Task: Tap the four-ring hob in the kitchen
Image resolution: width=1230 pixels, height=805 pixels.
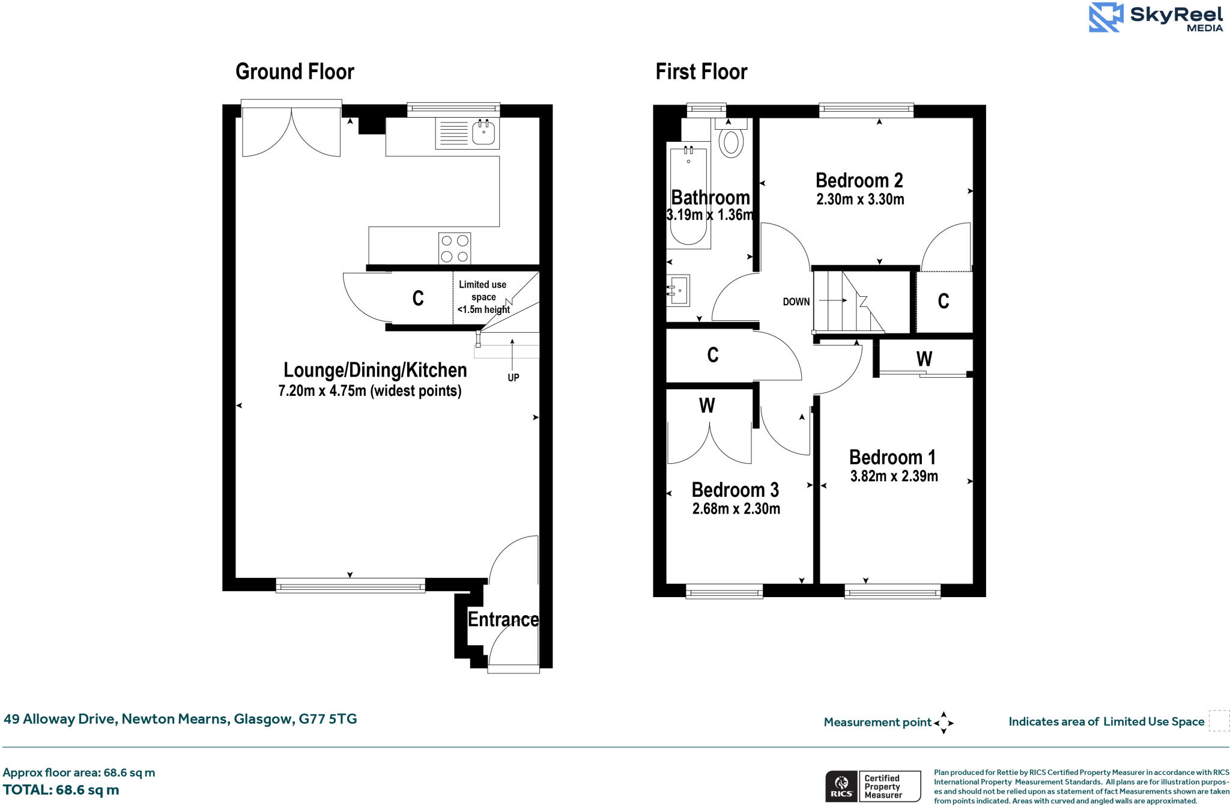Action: click(x=455, y=248)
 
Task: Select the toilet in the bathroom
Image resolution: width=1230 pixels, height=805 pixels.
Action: click(x=731, y=141)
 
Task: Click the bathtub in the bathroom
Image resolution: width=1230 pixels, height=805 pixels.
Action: click(x=688, y=195)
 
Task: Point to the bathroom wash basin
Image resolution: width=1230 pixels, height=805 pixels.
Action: click(x=679, y=291)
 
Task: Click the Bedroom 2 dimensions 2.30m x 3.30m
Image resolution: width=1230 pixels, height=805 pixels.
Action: click(x=859, y=199)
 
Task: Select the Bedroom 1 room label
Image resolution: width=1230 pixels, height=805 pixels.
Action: click(x=892, y=457)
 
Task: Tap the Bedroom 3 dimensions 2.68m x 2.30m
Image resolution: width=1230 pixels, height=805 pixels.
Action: click(x=736, y=509)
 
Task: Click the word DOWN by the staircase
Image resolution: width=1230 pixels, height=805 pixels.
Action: click(x=796, y=302)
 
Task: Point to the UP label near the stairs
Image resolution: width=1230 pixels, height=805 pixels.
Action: click(x=513, y=377)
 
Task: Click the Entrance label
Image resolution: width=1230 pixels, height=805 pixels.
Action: click(x=503, y=619)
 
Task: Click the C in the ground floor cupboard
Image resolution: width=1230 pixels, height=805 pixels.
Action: click(x=418, y=298)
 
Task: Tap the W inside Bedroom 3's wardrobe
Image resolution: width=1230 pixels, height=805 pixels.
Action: click(x=707, y=406)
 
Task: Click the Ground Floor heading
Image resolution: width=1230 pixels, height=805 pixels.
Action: click(x=295, y=71)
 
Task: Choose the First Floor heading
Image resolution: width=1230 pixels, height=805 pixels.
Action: click(x=701, y=71)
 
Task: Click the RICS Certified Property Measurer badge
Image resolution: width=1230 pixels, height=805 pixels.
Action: click(x=873, y=786)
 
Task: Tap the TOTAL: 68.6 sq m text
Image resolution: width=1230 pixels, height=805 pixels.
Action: click(x=61, y=790)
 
